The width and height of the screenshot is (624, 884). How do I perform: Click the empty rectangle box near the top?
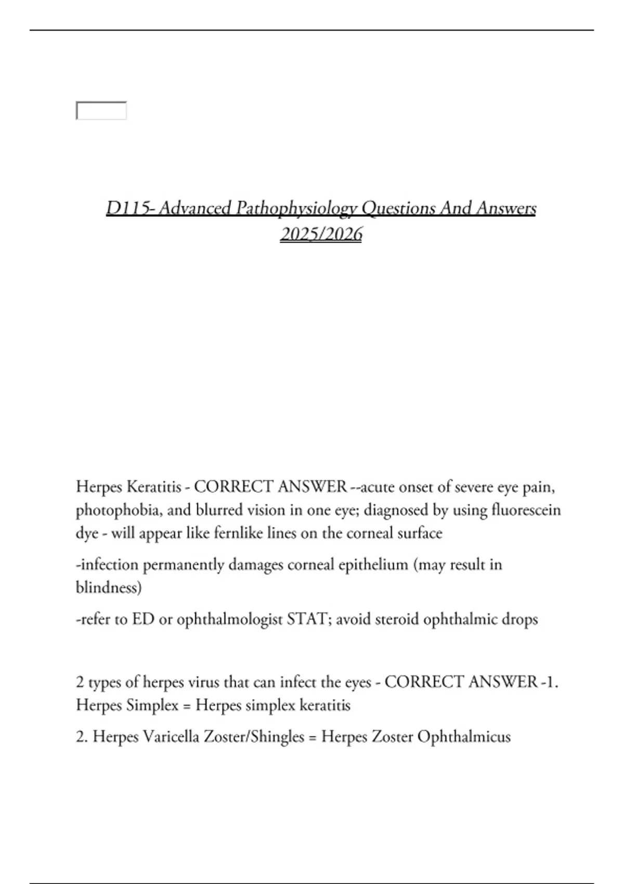101,111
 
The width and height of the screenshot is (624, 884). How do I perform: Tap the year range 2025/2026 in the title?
321,235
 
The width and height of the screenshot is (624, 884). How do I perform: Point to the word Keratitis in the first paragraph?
154,487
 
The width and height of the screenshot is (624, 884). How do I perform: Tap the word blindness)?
109,588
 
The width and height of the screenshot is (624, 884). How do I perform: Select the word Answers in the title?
506,208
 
